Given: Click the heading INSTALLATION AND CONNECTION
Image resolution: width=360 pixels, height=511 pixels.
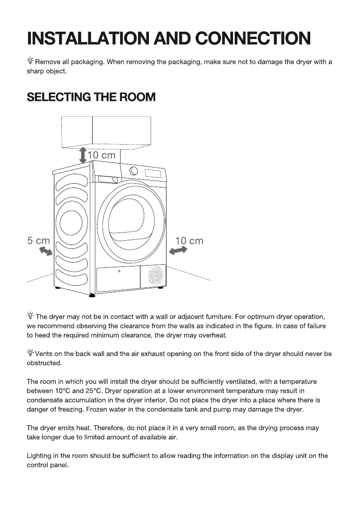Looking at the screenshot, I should click(x=169, y=38).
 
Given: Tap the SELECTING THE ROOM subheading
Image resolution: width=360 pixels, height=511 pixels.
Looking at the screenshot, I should click(x=91, y=97).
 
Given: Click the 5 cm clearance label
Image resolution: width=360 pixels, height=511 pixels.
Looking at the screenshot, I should click(x=38, y=241).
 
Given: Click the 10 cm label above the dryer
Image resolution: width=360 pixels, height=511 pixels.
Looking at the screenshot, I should click(x=102, y=155).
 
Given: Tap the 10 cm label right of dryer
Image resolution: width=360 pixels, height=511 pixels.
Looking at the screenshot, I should click(x=189, y=241).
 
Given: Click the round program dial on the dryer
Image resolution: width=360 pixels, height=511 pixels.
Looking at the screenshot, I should click(x=134, y=171).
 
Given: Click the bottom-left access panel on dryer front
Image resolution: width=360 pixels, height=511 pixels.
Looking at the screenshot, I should click(x=119, y=279).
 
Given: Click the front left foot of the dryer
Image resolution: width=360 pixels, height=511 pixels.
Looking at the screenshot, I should click(x=92, y=296).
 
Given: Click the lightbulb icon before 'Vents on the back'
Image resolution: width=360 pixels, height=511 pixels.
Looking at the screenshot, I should click(x=30, y=354).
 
